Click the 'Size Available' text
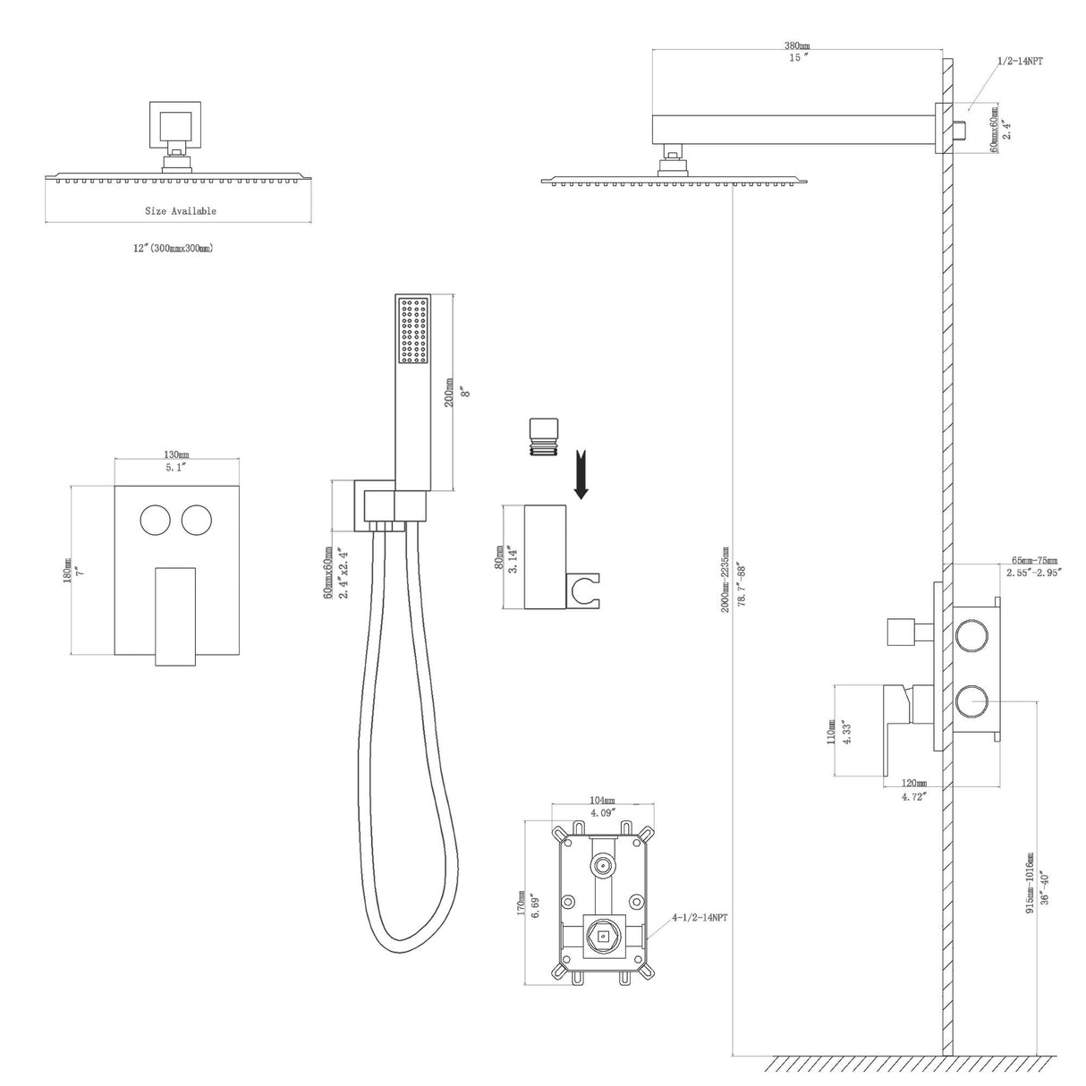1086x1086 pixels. [181, 211]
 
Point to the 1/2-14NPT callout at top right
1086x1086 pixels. [1021, 61]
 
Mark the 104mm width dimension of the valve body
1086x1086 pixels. [602, 800]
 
